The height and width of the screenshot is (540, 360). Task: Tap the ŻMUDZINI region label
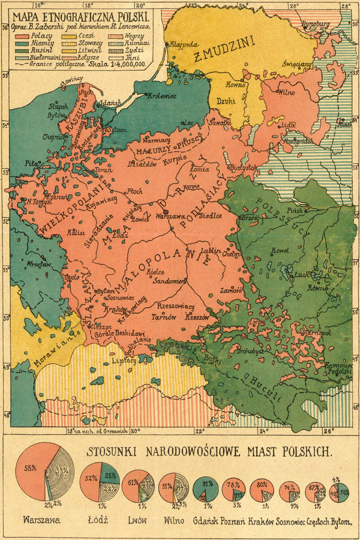click(223, 52)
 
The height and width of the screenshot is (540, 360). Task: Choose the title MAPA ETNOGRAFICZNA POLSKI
click(82, 15)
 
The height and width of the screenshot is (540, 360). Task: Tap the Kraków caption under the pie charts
click(262, 521)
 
